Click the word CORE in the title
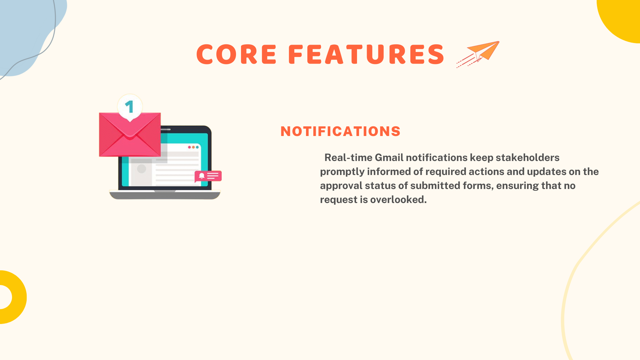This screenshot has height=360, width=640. [x=237, y=54]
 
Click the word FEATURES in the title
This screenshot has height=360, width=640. [x=366, y=54]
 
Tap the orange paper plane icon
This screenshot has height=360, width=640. [x=478, y=54]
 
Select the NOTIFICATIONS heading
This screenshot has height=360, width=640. [x=340, y=131]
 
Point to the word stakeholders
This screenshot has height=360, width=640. [x=527, y=157]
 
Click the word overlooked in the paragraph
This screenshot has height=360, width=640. [x=398, y=199]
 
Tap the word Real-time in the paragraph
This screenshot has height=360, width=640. [x=348, y=157]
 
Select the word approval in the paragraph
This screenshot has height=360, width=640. [x=341, y=186]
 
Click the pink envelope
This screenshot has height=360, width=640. [x=130, y=135]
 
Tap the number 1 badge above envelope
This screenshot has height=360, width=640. [x=130, y=107]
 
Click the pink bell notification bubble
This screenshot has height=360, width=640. [x=208, y=176]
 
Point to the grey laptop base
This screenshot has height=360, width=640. [x=165, y=195]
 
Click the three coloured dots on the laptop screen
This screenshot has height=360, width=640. [x=193, y=147]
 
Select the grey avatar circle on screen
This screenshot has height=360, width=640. [x=142, y=169]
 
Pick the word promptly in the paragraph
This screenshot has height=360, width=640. [x=342, y=172]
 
